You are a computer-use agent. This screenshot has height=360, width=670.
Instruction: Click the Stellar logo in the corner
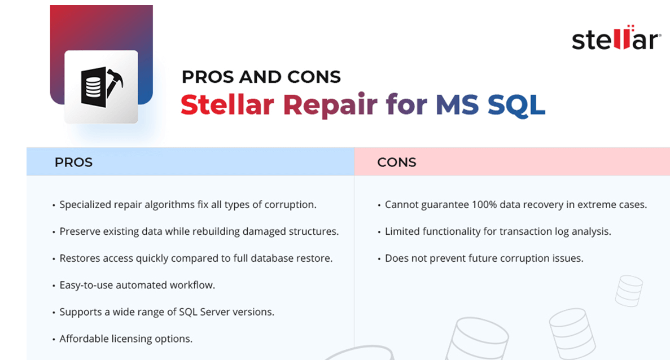(616, 39)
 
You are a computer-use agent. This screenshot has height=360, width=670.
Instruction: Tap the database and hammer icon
(102, 86)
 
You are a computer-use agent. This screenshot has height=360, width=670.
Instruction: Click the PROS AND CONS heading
(261, 77)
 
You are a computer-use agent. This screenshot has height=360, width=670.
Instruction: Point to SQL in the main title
(516, 105)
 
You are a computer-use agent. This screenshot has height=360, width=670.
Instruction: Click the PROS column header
(73, 163)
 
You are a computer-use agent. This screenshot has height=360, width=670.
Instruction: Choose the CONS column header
(397, 163)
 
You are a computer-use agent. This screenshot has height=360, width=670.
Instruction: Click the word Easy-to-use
(86, 285)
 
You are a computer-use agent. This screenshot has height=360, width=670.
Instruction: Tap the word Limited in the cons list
(401, 231)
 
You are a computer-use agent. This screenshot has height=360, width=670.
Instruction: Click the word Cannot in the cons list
(401, 205)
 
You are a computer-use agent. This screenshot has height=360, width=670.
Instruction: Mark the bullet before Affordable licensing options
(54, 339)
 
